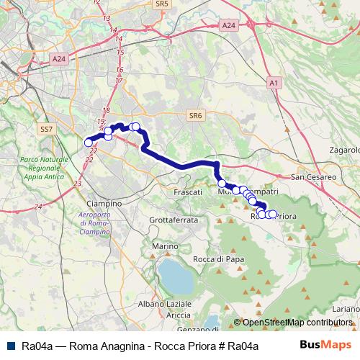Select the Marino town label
[x=164, y=246]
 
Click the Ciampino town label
[x=102, y=204]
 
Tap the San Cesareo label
[x=314, y=176]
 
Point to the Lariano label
[x=347, y=308]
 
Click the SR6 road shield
[x=195, y=114]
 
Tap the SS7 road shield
[x=47, y=129]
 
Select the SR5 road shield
[x=162, y=4]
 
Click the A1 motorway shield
[x=273, y=84]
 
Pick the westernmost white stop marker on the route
[x=89, y=143]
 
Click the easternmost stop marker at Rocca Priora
[x=272, y=214]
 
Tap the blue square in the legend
[x=11, y=346]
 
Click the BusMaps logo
[x=325, y=346]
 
